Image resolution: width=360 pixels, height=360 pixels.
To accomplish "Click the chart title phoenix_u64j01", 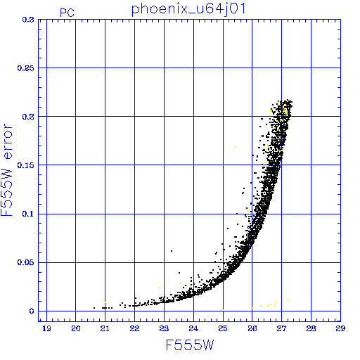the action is point(188,10).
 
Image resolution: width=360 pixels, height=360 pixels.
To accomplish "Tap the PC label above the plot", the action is point(67,13).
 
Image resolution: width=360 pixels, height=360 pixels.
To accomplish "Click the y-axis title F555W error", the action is point(6,170).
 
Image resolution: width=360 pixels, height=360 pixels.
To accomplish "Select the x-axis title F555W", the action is point(190,345).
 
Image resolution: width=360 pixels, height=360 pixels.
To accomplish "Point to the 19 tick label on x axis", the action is point(46,328).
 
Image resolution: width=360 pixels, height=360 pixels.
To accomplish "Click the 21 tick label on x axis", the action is point(105,328).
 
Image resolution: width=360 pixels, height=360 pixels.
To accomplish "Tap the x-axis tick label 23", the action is point(164,328).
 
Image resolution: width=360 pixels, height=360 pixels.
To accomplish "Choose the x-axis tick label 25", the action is point(223,328).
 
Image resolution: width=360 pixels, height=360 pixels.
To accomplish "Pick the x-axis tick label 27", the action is point(281,328).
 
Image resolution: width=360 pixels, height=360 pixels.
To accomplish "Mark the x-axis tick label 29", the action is point(340,328).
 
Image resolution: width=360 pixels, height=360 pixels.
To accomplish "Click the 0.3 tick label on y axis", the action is point(28,20).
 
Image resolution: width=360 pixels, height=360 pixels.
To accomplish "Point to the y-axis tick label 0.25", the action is point(26,68).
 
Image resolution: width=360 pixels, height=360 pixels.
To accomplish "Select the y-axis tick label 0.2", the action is point(28,117).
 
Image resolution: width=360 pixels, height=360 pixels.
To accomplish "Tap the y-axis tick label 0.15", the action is point(26,165).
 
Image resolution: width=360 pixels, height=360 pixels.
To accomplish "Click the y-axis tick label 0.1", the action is point(28,214).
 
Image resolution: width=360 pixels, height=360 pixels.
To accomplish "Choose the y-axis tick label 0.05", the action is point(26,262).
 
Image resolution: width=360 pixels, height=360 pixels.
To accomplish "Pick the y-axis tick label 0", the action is point(32,311).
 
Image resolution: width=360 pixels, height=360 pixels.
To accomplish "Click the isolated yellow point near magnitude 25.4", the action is point(235,147).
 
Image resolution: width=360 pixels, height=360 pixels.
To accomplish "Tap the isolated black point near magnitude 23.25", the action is point(172,251).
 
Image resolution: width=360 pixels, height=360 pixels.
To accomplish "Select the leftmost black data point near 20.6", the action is point(94,308).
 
